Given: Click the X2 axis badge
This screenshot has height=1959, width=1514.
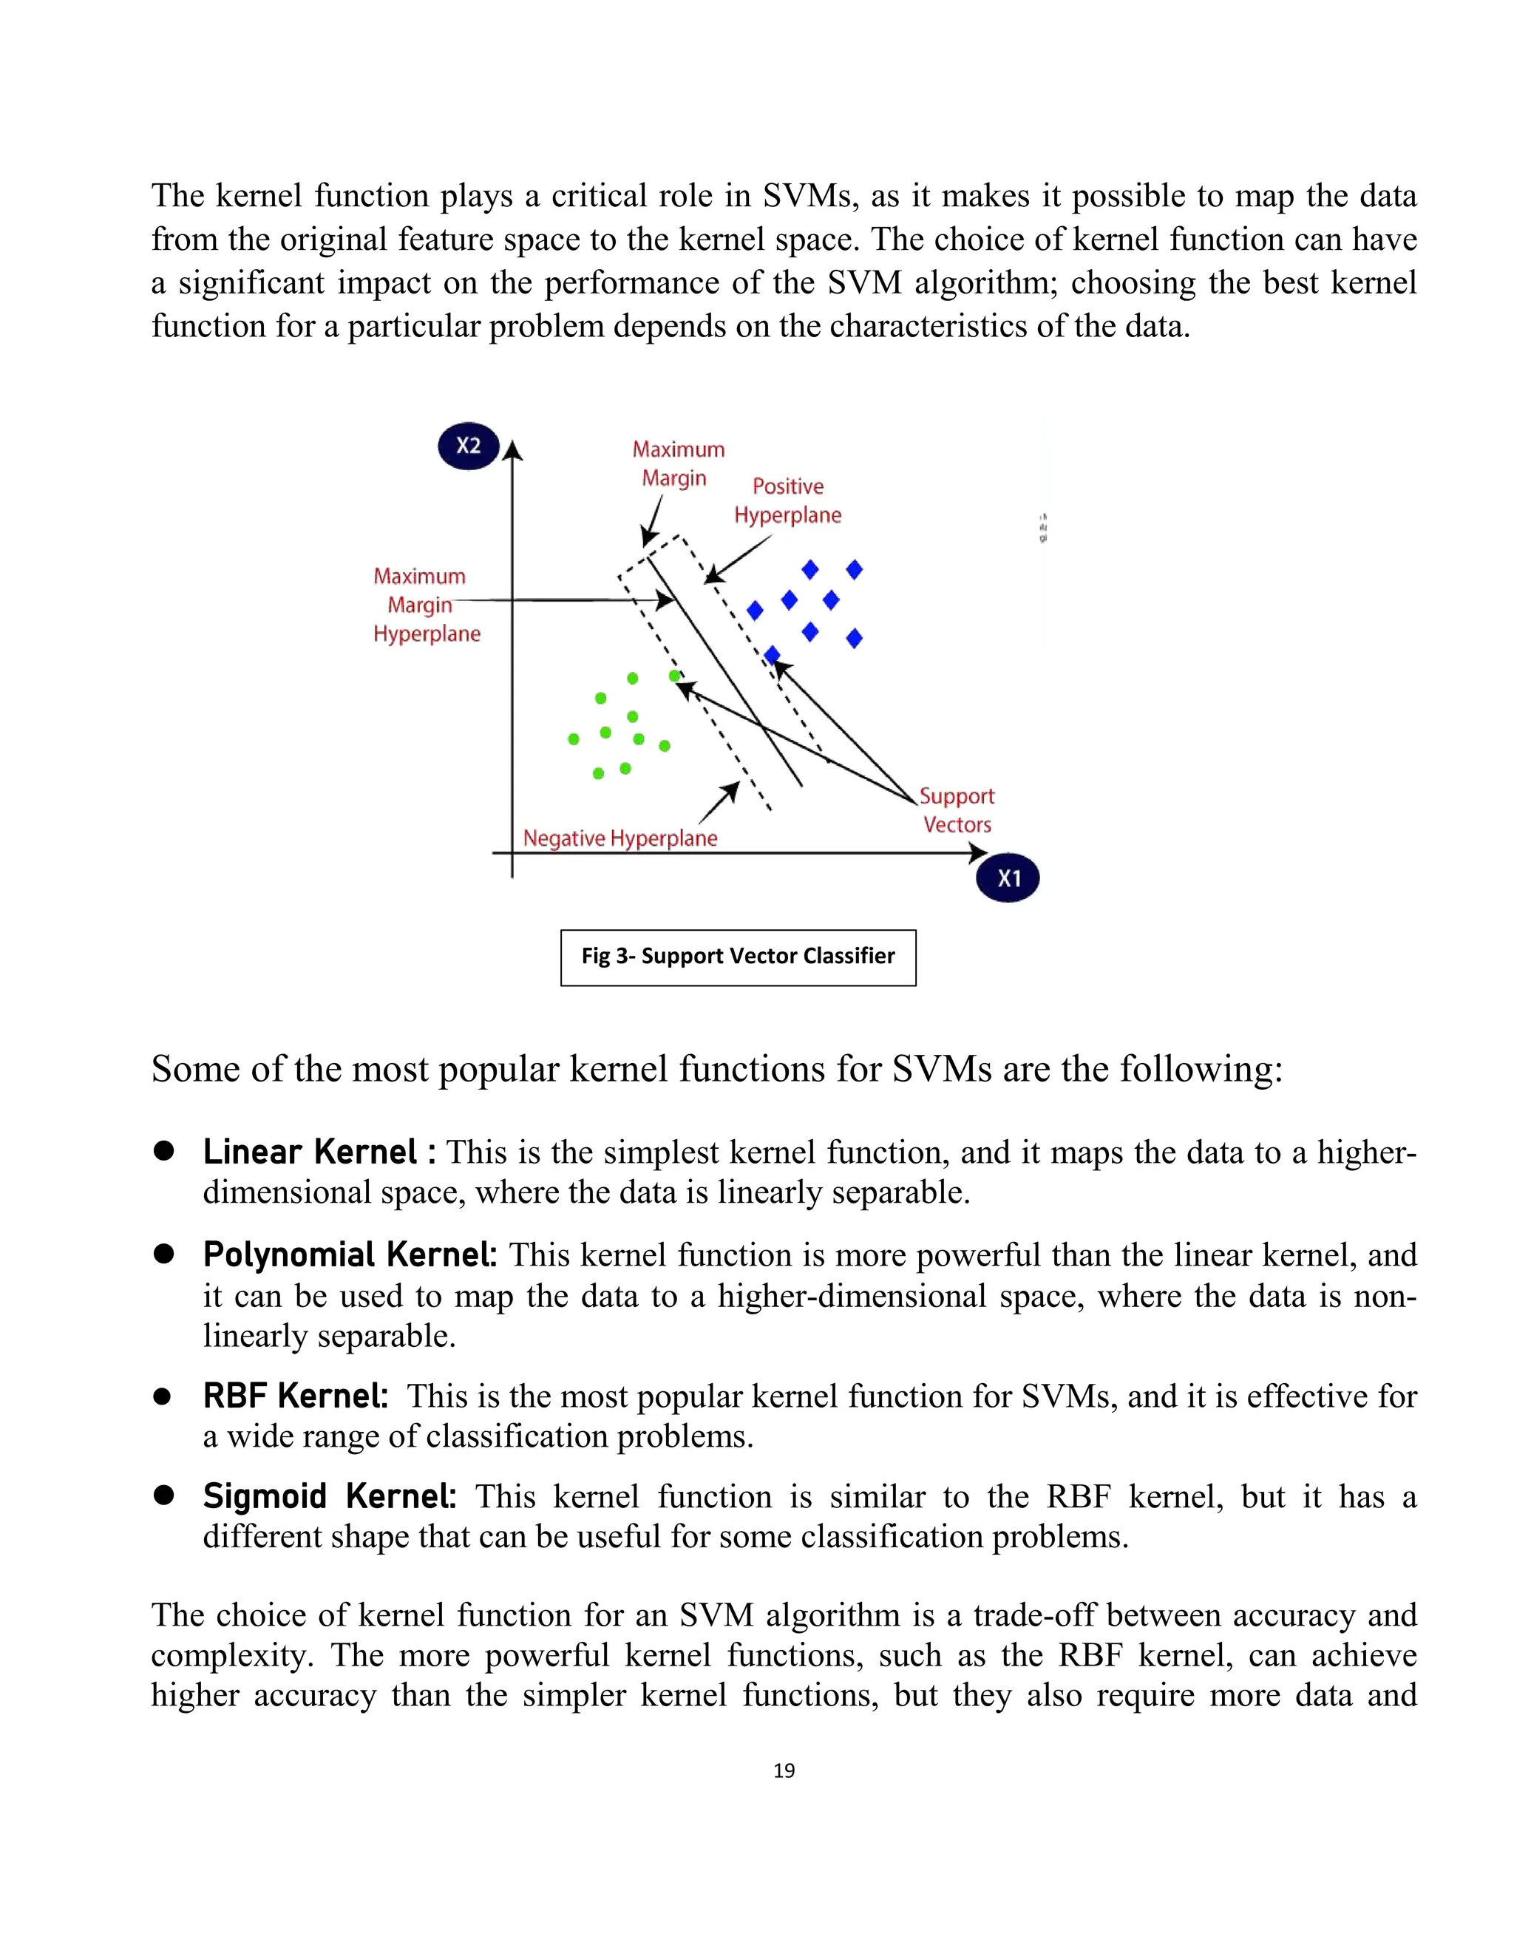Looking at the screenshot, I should (x=468, y=446).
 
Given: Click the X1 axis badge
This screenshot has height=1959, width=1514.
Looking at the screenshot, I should (x=1008, y=878).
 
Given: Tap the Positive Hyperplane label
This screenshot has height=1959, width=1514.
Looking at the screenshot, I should (x=787, y=500).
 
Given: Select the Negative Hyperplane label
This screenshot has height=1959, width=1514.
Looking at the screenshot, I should (x=619, y=838).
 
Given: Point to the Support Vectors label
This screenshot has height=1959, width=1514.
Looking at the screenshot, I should (x=957, y=810).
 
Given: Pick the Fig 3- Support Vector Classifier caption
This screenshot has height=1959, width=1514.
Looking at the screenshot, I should (x=739, y=956).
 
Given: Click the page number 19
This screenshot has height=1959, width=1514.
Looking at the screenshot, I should (x=784, y=1770).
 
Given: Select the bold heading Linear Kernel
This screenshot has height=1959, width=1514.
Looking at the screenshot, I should (x=310, y=1152).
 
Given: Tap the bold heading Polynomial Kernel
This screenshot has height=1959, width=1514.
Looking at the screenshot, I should (x=350, y=1255).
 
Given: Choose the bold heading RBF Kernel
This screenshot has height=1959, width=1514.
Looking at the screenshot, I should (x=295, y=1396).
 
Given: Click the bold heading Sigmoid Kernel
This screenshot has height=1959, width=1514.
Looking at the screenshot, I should (x=329, y=1496).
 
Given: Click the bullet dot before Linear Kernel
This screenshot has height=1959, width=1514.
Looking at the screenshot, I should (x=163, y=1151).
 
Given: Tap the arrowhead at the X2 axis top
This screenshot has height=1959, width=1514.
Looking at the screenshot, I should (x=512, y=450).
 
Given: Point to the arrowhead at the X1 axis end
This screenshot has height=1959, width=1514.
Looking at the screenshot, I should (x=979, y=853).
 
